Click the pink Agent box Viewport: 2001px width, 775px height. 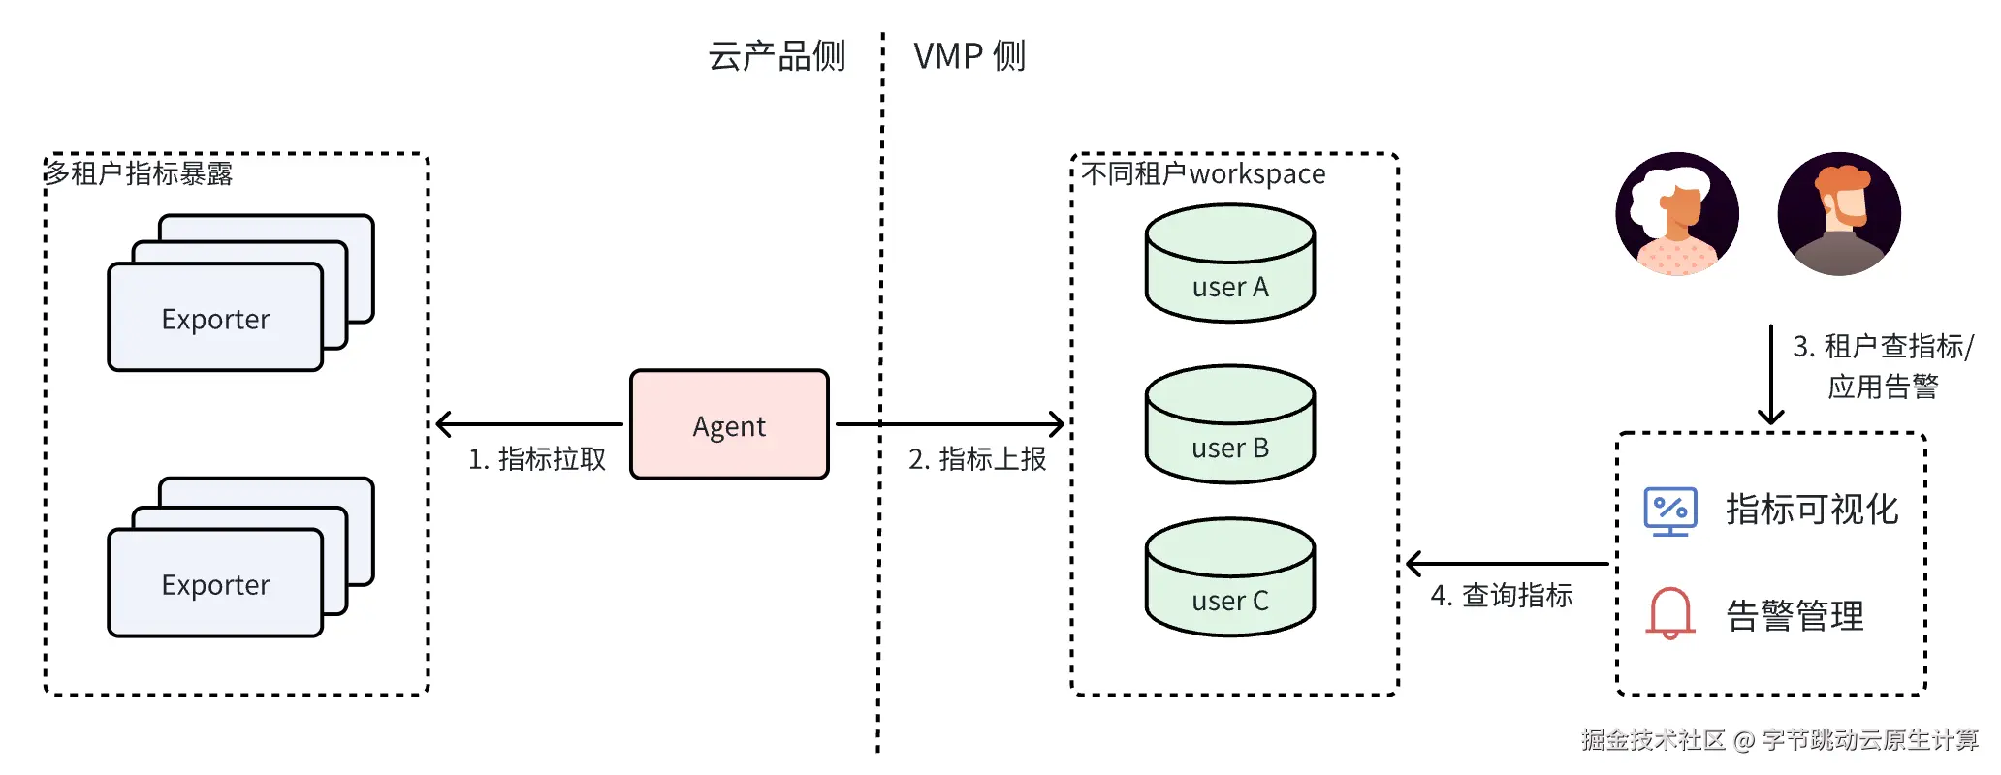click(729, 424)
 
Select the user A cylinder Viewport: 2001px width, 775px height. click(1230, 263)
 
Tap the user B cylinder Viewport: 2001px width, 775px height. click(1230, 423)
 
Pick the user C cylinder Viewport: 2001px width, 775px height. click(1230, 576)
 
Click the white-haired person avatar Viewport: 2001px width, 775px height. click(1677, 214)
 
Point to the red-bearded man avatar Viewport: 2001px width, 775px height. click(1839, 214)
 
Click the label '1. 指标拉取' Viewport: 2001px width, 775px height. click(537, 459)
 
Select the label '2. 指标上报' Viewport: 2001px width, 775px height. click(977, 459)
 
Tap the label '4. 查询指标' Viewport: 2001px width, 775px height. click(1502, 596)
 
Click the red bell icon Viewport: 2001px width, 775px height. click(1670, 613)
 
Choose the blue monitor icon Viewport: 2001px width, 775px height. click(1670, 511)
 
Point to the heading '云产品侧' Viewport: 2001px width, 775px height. click(777, 56)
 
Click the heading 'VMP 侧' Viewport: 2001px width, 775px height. click(969, 56)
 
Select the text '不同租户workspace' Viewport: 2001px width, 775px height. click(1203, 173)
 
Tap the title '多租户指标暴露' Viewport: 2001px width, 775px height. click(139, 173)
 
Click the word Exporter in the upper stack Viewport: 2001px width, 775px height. click(215, 320)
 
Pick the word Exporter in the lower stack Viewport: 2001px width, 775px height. click(215, 585)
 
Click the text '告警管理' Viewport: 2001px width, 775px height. click(1795, 616)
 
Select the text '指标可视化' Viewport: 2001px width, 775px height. click(1812, 510)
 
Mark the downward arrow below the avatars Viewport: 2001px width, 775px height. click(1771, 374)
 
